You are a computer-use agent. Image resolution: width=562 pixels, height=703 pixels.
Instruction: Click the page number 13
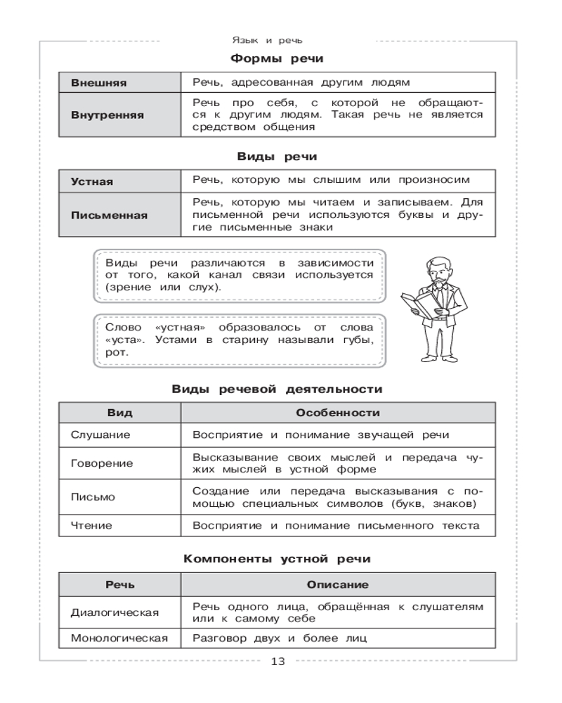(277, 662)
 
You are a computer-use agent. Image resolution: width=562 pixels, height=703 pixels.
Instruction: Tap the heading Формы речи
(277, 59)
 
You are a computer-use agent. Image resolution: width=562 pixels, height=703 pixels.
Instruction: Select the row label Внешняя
(99, 83)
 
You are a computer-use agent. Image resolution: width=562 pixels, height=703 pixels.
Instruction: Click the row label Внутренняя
(107, 115)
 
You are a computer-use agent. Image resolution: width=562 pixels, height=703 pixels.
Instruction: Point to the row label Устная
(92, 181)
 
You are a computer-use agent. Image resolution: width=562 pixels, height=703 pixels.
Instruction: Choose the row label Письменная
(110, 215)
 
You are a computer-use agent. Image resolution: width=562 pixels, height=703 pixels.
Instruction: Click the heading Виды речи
(277, 157)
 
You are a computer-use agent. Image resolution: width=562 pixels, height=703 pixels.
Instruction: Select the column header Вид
(119, 413)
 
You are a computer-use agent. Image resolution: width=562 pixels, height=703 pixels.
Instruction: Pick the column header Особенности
(338, 413)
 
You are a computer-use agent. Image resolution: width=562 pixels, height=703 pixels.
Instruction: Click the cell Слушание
(100, 435)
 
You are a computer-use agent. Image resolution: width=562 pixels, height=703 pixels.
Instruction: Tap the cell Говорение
(102, 464)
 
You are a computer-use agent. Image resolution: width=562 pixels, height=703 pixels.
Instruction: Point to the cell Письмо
(93, 496)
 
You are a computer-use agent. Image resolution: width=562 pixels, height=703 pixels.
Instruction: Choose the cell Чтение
(91, 525)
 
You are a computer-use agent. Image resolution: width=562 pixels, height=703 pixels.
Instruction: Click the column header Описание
(338, 584)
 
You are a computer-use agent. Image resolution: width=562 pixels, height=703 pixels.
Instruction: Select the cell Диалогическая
(115, 612)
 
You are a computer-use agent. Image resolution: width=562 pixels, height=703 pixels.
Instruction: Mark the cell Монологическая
(119, 638)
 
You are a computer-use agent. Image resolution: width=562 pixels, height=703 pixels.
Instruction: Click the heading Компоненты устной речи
(277, 559)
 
